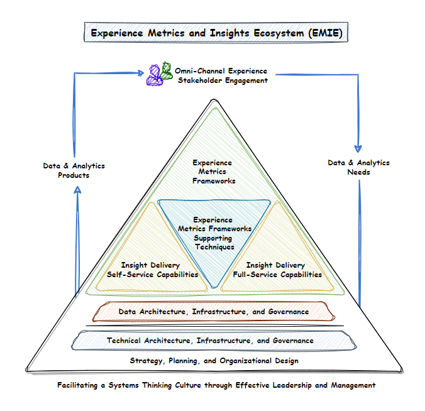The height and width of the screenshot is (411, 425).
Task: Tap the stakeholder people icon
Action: [x=160, y=74]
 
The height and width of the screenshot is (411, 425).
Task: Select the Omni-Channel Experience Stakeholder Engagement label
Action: [x=222, y=75]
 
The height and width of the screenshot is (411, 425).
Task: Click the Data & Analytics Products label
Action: [x=74, y=170]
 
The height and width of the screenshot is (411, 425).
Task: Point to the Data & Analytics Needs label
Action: [x=358, y=167]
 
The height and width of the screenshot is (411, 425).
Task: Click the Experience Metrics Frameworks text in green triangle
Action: [x=213, y=172]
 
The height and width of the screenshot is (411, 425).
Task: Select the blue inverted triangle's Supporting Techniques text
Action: [x=213, y=234]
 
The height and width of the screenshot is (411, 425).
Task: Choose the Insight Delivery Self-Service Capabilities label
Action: [x=152, y=270]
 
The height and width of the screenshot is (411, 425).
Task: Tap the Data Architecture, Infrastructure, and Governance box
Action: [x=214, y=312]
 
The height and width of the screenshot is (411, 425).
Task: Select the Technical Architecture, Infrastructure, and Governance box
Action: [x=210, y=341]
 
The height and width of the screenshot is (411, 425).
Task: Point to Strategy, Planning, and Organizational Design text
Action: [x=214, y=361]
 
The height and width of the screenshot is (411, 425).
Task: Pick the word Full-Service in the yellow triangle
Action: [x=257, y=275]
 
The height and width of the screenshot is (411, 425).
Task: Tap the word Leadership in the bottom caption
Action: [x=289, y=385]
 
